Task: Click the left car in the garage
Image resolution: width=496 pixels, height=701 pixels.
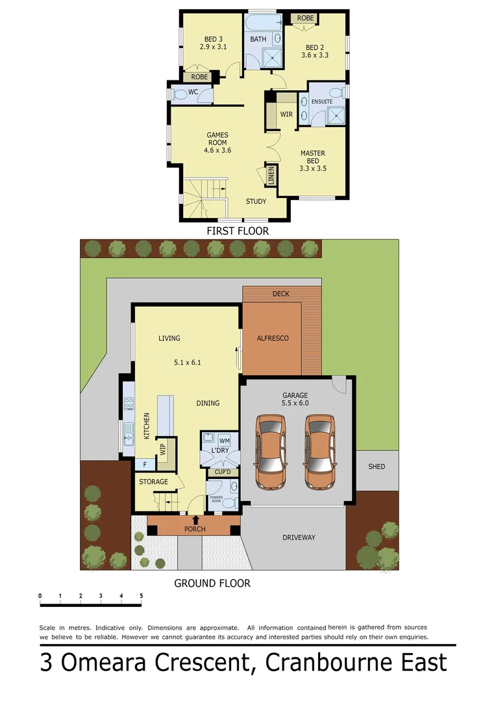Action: (271, 452)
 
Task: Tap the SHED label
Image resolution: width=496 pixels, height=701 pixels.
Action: (377, 467)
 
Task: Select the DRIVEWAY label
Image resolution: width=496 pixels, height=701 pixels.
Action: (299, 537)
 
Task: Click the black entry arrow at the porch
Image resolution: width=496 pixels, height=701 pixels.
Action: (195, 519)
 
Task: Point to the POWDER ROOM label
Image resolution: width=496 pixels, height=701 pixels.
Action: (216, 499)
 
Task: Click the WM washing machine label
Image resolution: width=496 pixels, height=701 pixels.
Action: (224, 441)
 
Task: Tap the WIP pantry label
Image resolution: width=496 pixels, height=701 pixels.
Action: (163, 449)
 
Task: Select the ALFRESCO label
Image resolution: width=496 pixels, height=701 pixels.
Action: (273, 338)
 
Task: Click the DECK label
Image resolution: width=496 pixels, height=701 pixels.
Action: (280, 294)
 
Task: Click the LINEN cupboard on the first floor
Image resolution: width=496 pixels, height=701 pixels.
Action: (271, 175)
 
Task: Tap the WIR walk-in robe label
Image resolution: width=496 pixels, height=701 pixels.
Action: (286, 114)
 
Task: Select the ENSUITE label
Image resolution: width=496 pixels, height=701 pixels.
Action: (322, 102)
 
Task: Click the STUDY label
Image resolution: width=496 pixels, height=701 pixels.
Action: (256, 201)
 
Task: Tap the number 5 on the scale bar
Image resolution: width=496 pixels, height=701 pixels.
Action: (141, 595)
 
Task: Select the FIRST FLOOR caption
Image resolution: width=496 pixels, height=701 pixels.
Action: (237, 230)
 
